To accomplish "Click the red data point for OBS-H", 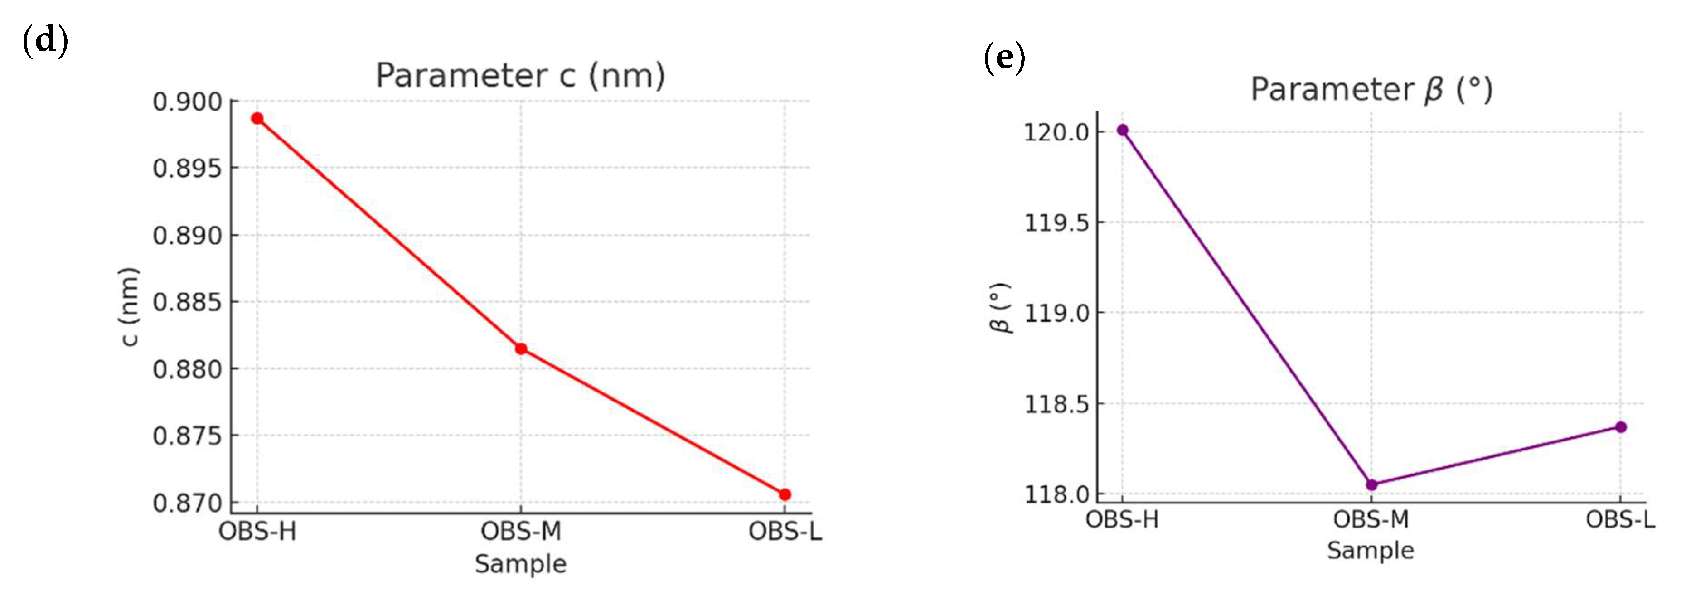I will point(257,118).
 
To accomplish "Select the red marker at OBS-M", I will point(521,349).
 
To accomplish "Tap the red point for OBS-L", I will point(785,494).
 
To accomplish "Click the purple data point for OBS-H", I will point(1123,130).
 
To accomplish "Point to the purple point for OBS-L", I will point(1621,427).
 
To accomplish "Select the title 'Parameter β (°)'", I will point(1371,90).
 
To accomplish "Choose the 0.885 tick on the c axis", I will point(187,302).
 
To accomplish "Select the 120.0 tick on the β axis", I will point(1056,132).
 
